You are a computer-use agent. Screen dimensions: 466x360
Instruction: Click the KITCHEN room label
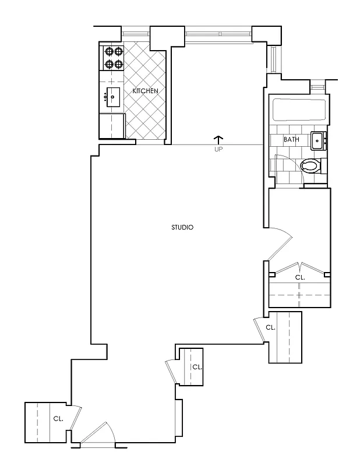point(145,91)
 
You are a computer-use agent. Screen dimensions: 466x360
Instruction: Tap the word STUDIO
point(182,227)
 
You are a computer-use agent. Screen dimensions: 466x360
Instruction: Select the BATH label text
point(291,140)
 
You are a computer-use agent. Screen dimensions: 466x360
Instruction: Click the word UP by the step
point(218,149)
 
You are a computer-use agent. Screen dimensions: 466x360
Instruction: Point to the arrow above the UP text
point(218,139)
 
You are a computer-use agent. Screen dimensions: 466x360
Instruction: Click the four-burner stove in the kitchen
point(113,58)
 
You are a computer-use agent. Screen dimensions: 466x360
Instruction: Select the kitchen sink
point(112,96)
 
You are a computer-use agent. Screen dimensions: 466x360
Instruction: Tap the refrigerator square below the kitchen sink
point(112,125)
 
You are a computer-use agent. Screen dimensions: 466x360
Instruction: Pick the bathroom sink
point(318,140)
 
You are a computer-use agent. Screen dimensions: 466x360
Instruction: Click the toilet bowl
point(310,167)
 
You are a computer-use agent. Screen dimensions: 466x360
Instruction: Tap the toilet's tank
point(324,167)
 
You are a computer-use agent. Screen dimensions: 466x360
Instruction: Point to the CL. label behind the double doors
point(300,278)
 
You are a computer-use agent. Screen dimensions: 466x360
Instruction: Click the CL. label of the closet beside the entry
point(58,418)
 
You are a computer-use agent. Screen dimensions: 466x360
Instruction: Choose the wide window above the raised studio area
point(218,33)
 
